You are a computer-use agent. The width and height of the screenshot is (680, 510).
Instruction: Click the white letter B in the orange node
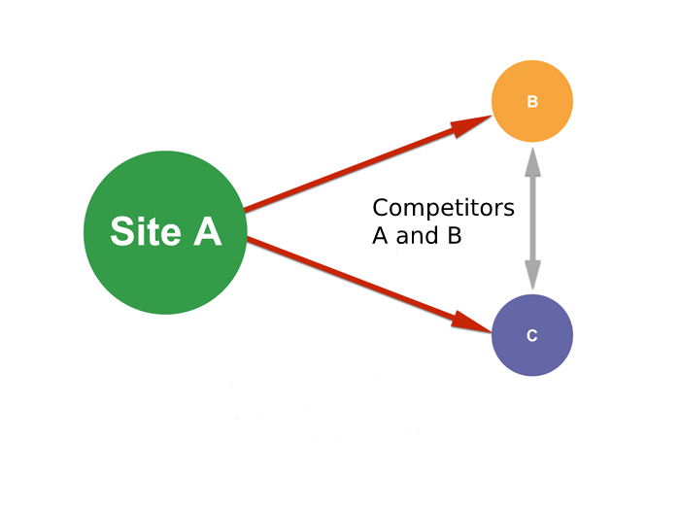(532, 101)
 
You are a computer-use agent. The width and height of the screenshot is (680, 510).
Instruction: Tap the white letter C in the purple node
(532, 336)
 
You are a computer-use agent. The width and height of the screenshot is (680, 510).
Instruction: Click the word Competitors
(443, 208)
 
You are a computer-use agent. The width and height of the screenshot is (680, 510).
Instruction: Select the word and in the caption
(416, 235)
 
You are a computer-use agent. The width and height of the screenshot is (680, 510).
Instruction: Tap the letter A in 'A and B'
(381, 235)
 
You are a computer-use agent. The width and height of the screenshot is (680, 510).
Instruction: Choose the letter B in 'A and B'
(453, 235)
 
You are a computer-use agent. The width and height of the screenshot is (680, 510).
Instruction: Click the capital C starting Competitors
(381, 208)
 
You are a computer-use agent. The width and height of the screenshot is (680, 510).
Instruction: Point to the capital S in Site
(120, 232)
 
